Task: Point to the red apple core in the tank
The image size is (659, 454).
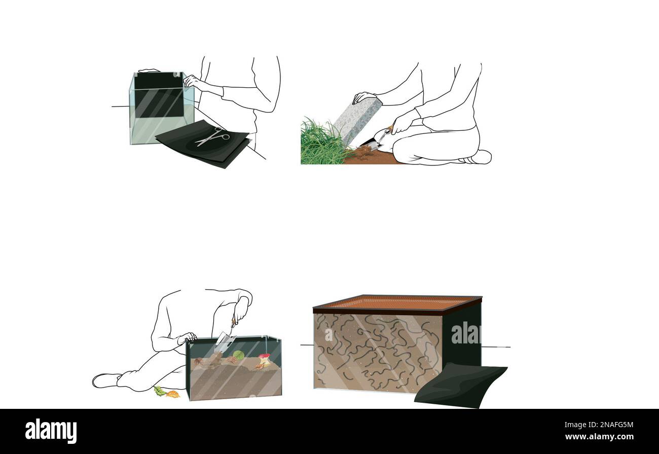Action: tap(264, 360)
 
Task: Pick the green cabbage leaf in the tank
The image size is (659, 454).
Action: tap(238, 356)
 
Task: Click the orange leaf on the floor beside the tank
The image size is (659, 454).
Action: tap(173, 394)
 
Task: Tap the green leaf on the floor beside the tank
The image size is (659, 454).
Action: tap(160, 391)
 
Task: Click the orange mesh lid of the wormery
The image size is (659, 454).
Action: tap(397, 303)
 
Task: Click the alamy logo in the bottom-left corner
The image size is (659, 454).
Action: tap(51, 431)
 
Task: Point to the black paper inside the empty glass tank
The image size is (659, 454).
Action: tap(158, 94)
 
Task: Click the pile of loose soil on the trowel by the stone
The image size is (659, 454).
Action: tap(362, 151)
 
